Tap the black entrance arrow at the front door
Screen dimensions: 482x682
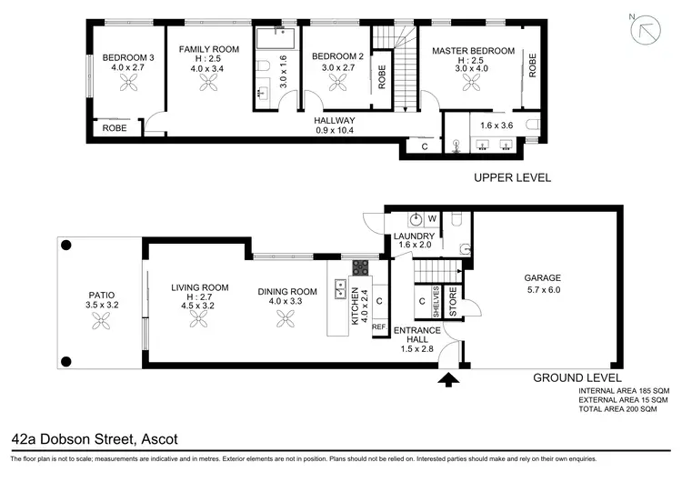coord(446,378)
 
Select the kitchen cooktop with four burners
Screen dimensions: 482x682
coord(360,267)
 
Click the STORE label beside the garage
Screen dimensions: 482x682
coord(453,303)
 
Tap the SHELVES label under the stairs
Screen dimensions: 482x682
coord(437,302)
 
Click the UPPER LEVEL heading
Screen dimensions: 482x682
coord(512,177)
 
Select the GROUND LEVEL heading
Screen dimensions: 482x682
coord(577,377)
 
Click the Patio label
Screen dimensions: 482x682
coord(101,294)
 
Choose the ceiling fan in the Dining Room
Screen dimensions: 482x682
coord(286,318)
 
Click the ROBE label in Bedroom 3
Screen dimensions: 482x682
coord(114,128)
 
